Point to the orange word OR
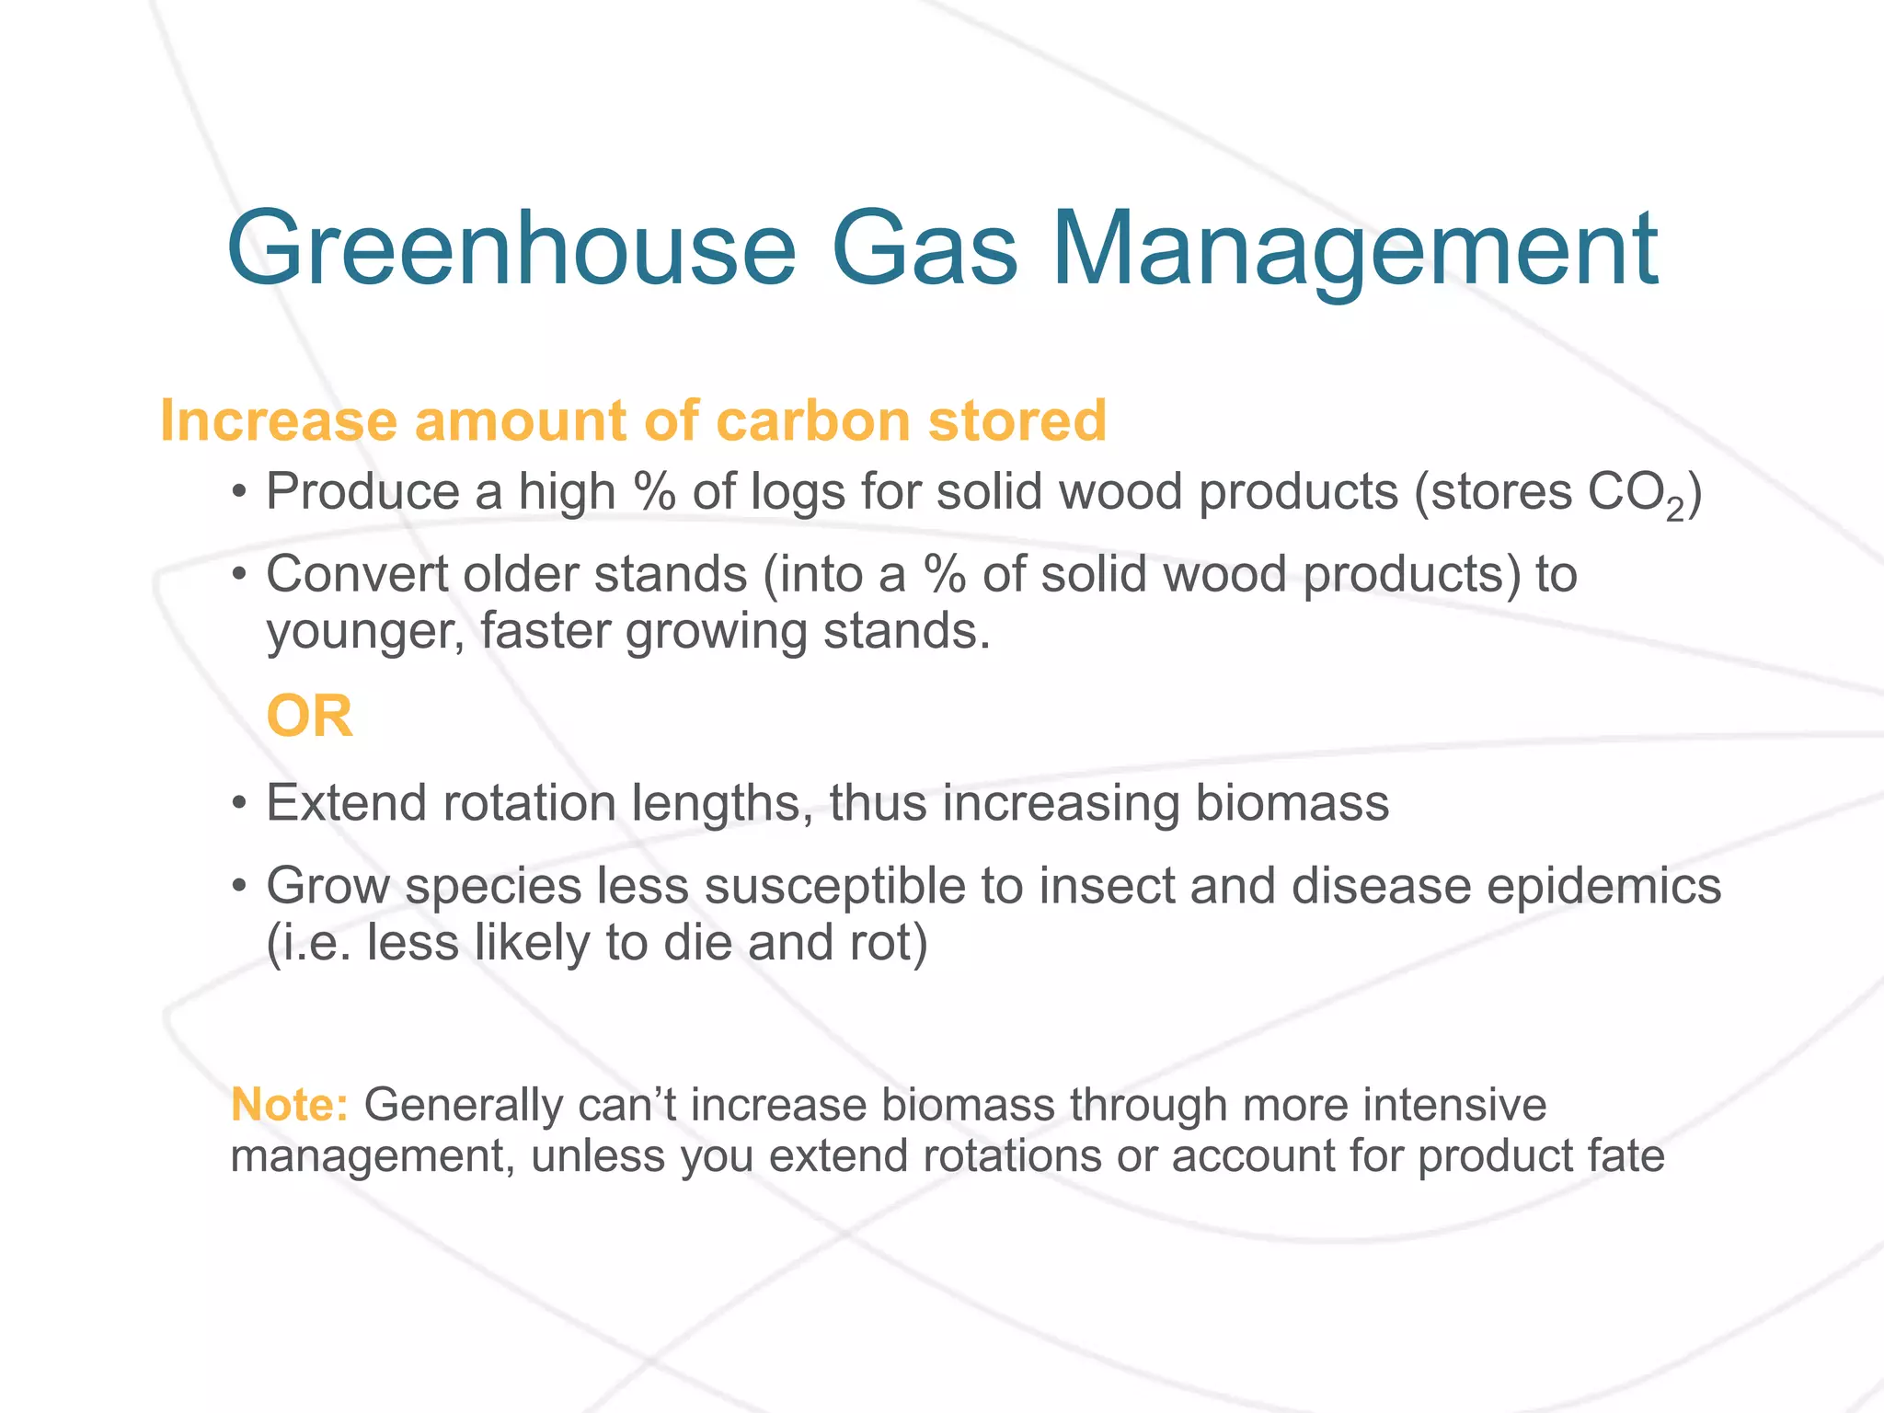coord(309,717)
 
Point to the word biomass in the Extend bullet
coord(1292,803)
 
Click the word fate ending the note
coord(1626,1156)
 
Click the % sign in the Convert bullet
coord(945,575)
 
